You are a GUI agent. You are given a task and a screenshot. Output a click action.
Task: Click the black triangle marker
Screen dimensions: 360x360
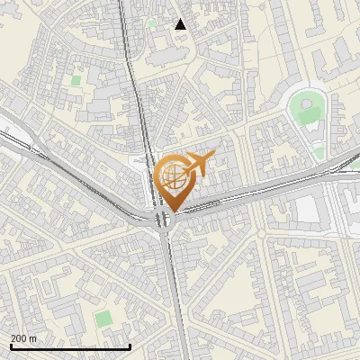[x=181, y=24]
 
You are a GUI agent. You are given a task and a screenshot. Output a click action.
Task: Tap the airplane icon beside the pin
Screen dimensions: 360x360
[x=199, y=165]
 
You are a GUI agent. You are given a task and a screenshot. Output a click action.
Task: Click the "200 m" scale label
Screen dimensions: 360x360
[x=24, y=338]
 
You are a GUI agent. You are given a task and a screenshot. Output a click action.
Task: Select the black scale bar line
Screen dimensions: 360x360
[x=70, y=346]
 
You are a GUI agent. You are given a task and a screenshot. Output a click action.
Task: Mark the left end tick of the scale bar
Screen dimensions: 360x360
[x=11, y=346]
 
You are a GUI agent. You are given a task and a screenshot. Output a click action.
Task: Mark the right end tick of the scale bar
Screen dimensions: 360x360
[x=130, y=346]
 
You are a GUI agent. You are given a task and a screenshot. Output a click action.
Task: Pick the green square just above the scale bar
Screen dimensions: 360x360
[x=104, y=319]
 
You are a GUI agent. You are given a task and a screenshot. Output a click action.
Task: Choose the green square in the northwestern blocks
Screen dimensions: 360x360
[x=76, y=81]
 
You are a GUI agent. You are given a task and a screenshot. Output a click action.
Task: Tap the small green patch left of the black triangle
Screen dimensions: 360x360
[x=152, y=24]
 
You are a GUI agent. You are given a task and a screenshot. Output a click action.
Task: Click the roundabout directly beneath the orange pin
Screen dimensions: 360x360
[x=163, y=220]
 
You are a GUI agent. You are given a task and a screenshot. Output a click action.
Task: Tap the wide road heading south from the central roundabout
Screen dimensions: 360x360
[x=176, y=297]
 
